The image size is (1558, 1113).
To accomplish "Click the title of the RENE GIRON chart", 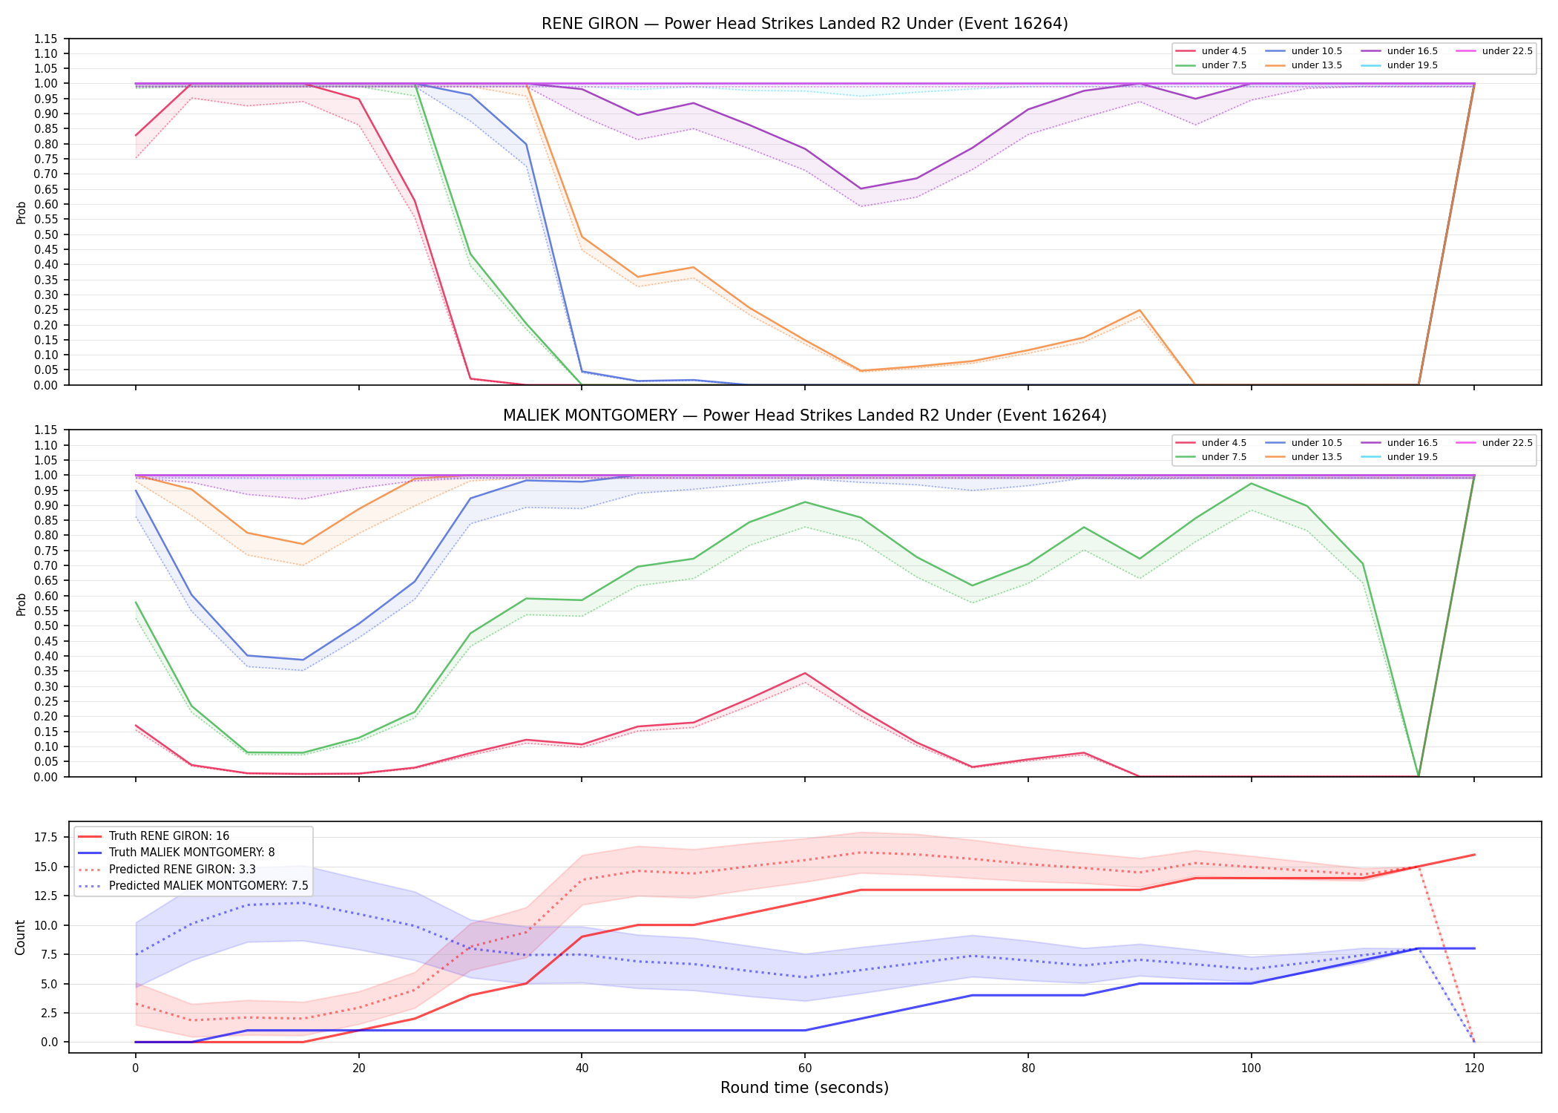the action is [x=804, y=24].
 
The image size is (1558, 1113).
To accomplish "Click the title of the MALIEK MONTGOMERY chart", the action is [x=804, y=416].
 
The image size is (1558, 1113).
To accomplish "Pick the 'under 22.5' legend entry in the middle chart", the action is [x=1494, y=443].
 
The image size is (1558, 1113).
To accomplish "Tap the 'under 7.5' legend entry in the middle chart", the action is [x=1211, y=457].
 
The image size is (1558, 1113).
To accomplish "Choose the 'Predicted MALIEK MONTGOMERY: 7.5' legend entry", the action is [x=193, y=886].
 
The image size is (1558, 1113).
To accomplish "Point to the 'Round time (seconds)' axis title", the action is [x=804, y=1088].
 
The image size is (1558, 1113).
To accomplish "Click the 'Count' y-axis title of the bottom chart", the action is [x=20, y=937].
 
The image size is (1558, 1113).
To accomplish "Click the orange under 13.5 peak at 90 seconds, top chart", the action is [x=1140, y=310].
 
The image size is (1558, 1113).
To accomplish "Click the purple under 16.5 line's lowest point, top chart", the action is [x=861, y=188].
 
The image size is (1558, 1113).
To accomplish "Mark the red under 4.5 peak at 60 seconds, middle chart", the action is [x=805, y=673].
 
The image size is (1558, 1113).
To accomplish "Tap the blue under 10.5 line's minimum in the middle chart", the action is [x=303, y=660].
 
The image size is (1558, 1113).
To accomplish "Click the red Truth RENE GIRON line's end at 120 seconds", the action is [x=1474, y=855].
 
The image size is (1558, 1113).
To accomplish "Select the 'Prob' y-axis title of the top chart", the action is [x=21, y=213].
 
